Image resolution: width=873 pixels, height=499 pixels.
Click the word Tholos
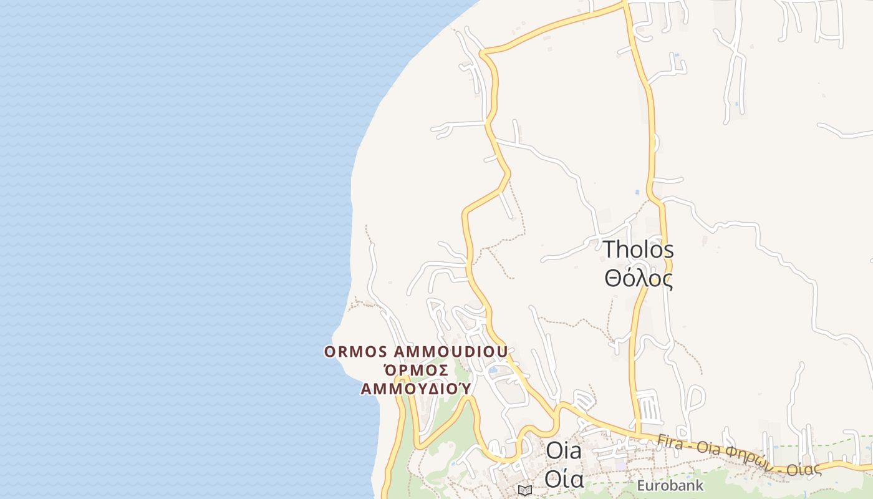638,250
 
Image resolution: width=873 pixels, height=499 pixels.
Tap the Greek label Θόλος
638,278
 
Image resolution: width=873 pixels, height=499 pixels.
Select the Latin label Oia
563,451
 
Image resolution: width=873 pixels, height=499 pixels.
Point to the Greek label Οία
564,479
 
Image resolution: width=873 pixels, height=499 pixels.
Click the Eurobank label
670,485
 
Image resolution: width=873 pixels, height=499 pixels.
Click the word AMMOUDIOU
451,352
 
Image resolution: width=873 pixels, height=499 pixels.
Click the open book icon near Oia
524,490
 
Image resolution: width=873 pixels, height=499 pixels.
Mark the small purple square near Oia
620,465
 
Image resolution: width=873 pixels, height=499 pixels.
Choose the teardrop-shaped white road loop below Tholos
695,399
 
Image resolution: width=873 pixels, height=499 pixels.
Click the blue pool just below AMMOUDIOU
493,370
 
